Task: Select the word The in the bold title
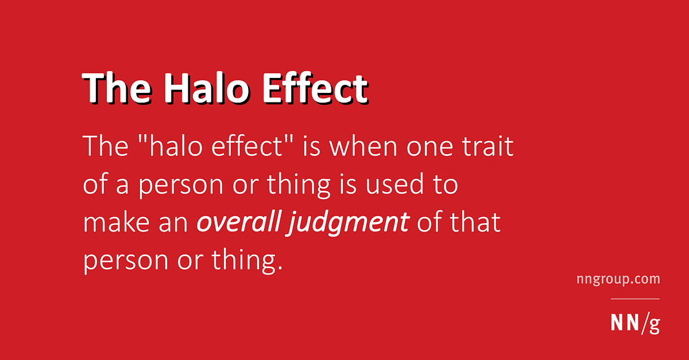pyautogui.click(x=115, y=88)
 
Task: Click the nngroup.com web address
pyautogui.click(x=618, y=280)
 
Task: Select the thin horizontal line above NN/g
pyautogui.click(x=634, y=299)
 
